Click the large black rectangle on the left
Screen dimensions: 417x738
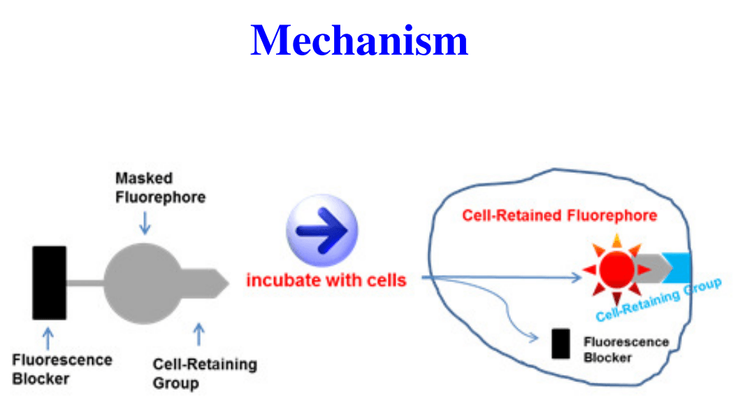click(50, 283)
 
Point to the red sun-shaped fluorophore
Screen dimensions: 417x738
click(616, 269)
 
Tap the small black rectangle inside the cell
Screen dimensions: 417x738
click(560, 344)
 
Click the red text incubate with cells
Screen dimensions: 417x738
click(326, 281)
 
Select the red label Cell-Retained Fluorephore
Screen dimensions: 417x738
click(559, 215)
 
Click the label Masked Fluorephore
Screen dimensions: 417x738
click(160, 188)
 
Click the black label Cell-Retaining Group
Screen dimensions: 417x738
click(205, 374)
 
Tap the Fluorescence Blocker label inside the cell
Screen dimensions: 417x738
click(625, 350)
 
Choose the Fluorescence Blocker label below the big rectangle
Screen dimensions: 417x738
click(61, 369)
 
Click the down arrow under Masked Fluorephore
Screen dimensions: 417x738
click(145, 223)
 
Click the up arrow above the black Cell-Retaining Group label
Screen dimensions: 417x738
click(198, 334)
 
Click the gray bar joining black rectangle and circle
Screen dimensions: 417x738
click(85, 283)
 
